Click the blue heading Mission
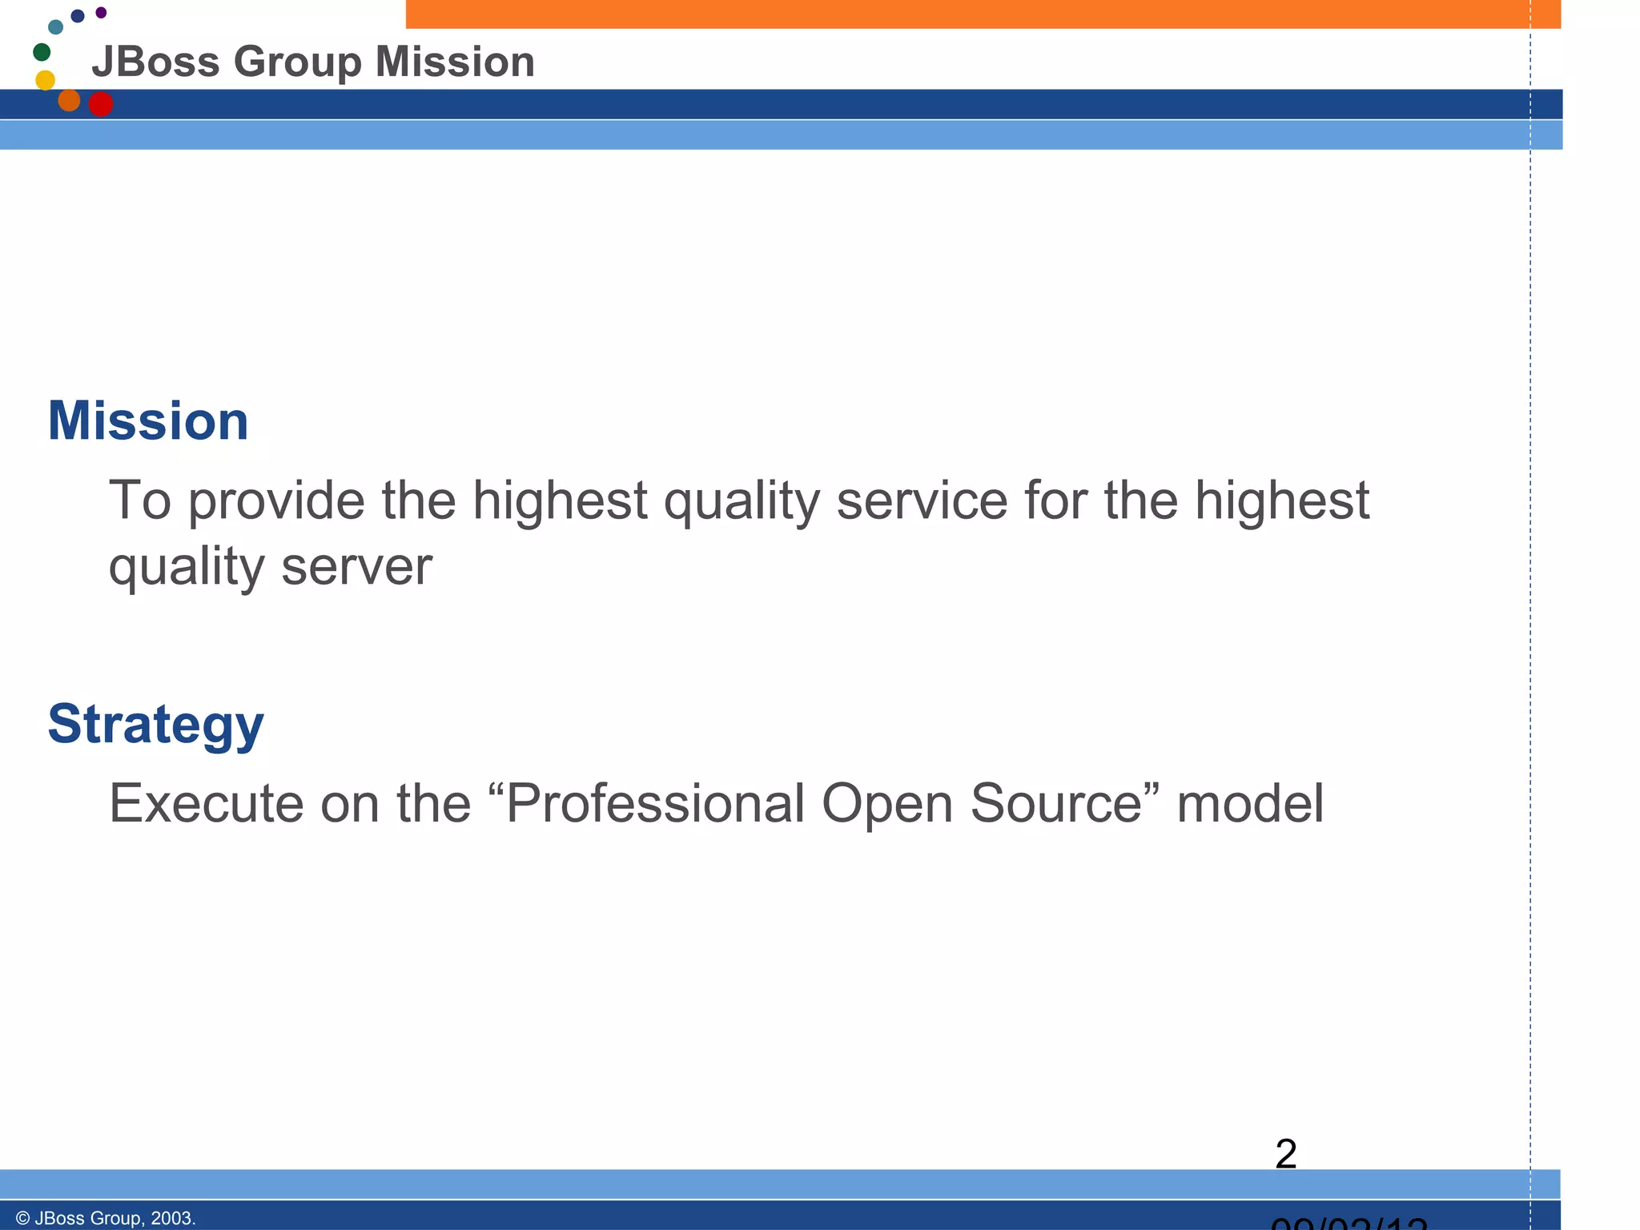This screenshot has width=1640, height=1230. pyautogui.click(x=148, y=421)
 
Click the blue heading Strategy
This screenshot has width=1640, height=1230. pyautogui.click(x=155, y=724)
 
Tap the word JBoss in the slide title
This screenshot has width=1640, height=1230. pyautogui.click(x=155, y=62)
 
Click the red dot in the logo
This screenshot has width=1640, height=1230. pyautogui.click(x=101, y=104)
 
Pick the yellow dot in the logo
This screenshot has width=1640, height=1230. pyautogui.click(x=46, y=80)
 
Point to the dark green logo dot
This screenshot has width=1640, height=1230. pyautogui.click(x=42, y=53)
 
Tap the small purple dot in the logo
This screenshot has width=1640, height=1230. pyautogui.click(x=101, y=13)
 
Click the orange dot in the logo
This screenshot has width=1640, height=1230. pyautogui.click(x=70, y=100)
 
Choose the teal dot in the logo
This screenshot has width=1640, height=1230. pyautogui.click(x=55, y=27)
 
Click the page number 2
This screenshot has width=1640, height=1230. pyautogui.click(x=1285, y=1154)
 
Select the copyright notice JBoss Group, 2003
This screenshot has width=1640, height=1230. pyautogui.click(x=106, y=1218)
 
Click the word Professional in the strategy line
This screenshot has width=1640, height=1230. pyautogui.click(x=656, y=803)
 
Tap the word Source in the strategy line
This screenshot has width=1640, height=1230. pyautogui.click(x=1056, y=803)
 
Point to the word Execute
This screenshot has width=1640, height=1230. pyautogui.click(x=206, y=803)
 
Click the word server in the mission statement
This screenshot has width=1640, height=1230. pyautogui.click(x=356, y=567)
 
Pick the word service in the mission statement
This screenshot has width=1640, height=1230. pyautogui.click(x=922, y=501)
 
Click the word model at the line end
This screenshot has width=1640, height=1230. pyautogui.click(x=1250, y=803)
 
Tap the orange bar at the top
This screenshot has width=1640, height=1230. pyautogui.click(x=983, y=14)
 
